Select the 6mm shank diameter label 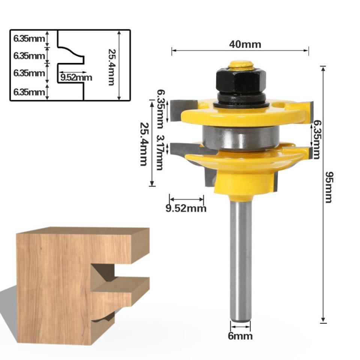click(x=240, y=336)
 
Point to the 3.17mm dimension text click(x=160, y=153)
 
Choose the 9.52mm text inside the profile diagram click(x=76, y=78)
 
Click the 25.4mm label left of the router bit click(x=143, y=144)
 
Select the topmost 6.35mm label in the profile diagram click(x=29, y=38)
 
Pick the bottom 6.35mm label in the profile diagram click(x=29, y=92)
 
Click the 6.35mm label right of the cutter click(x=317, y=139)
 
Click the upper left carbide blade click(x=183, y=110)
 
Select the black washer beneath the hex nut click(x=240, y=101)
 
